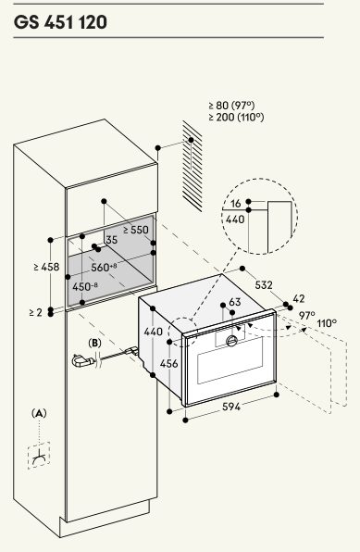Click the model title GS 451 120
[60, 22]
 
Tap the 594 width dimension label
[231, 407]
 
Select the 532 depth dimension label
[264, 284]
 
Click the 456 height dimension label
[169, 363]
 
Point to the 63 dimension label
[235, 302]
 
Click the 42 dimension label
[298, 298]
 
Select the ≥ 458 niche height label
[46, 267]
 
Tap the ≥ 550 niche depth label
[136, 231]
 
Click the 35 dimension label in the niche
[112, 240]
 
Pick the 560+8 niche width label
[104, 267]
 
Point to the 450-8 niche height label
[85, 286]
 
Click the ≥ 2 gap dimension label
[36, 312]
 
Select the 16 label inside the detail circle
[236, 203]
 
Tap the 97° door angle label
[307, 316]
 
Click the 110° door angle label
[327, 323]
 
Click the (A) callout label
[39, 413]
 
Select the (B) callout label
[94, 343]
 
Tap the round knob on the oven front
[232, 341]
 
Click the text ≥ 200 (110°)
[236, 118]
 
